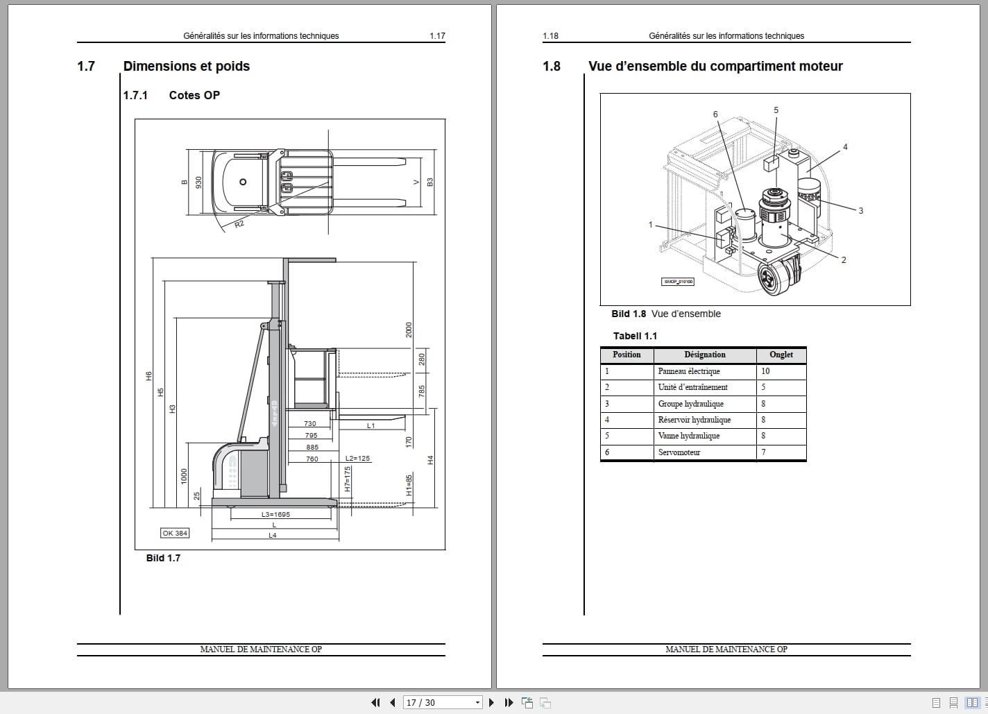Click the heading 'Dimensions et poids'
[x=186, y=67]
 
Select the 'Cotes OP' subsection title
[x=194, y=96]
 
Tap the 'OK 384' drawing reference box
[x=175, y=533]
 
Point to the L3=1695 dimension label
[x=275, y=515]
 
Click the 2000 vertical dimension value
[x=409, y=330]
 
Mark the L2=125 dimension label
[x=357, y=459]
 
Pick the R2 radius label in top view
[x=239, y=224]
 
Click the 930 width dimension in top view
[x=198, y=182]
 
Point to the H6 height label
[x=148, y=376]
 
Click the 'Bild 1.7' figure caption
[x=163, y=558]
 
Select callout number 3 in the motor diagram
[x=860, y=211]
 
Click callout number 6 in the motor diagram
[x=715, y=114]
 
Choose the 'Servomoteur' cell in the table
[x=679, y=452]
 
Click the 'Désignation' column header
[x=704, y=355]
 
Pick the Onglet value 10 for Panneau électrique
[x=765, y=371]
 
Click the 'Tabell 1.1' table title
[x=635, y=336]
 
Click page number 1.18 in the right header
[x=550, y=36]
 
